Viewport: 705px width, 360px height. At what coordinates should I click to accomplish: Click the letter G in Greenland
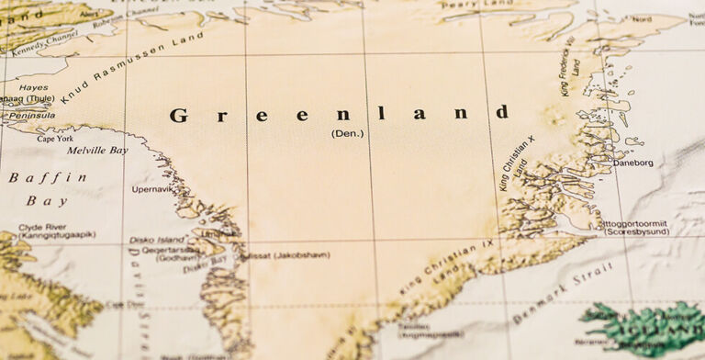(x=179, y=116)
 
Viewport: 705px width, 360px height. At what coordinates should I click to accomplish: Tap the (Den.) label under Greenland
(x=347, y=133)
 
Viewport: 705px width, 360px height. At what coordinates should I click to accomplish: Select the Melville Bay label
(x=97, y=150)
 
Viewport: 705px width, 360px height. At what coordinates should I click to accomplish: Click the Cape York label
(x=56, y=138)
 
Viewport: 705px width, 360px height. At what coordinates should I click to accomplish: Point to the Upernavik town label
(x=152, y=189)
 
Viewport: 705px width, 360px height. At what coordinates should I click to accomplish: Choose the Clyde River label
(x=42, y=226)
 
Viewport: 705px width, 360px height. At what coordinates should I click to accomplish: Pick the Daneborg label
(x=633, y=163)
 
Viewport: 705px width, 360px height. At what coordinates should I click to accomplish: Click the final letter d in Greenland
(x=502, y=113)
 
